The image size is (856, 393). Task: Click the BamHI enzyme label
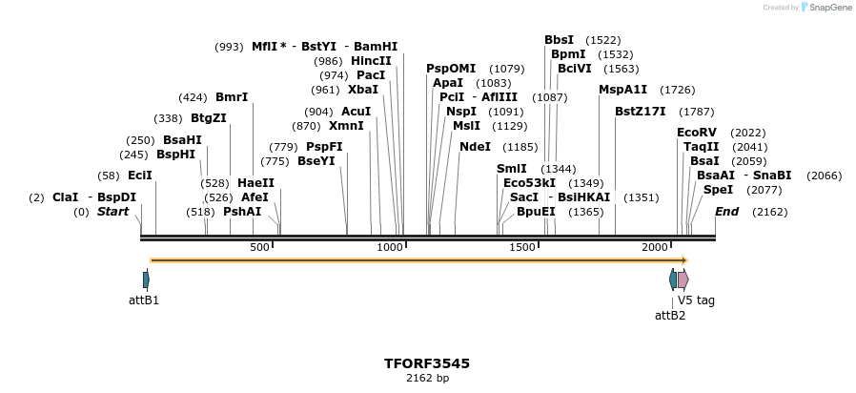coord(376,46)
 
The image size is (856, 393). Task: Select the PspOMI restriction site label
coord(450,69)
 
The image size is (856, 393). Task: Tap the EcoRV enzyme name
coord(696,132)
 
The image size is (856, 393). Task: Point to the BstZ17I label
coord(640,112)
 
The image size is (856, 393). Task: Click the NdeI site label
coord(475,147)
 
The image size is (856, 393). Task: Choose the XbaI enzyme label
coord(362,90)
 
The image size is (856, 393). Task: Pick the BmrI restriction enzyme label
coord(232,97)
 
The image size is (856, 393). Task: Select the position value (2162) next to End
coord(769,212)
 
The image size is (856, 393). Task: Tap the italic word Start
coord(112,212)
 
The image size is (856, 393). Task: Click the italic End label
coord(726,212)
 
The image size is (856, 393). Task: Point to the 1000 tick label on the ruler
coord(390,248)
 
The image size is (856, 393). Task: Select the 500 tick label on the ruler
coord(259,248)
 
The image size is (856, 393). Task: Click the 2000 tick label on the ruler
coord(654,248)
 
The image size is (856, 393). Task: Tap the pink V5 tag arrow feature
coord(683,279)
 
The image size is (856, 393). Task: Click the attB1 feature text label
coord(144,300)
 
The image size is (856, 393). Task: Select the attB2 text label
coord(670,316)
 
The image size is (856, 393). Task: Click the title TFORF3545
coord(427,363)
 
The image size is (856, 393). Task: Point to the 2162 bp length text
coord(427,379)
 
